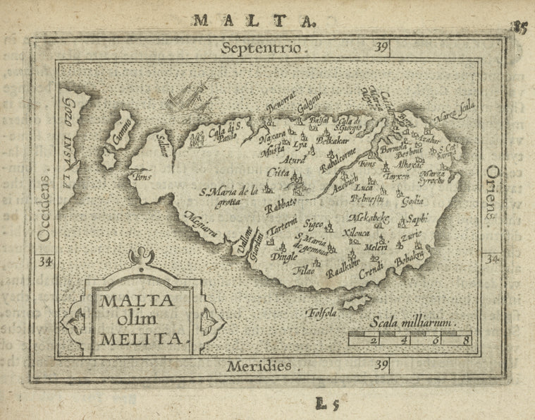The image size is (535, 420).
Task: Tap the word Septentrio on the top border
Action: [x=262, y=49]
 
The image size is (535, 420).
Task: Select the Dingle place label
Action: [x=283, y=257]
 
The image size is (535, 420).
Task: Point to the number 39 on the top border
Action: [x=381, y=48]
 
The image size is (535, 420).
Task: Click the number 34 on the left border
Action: [x=46, y=261]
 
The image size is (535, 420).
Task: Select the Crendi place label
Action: [x=371, y=270]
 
